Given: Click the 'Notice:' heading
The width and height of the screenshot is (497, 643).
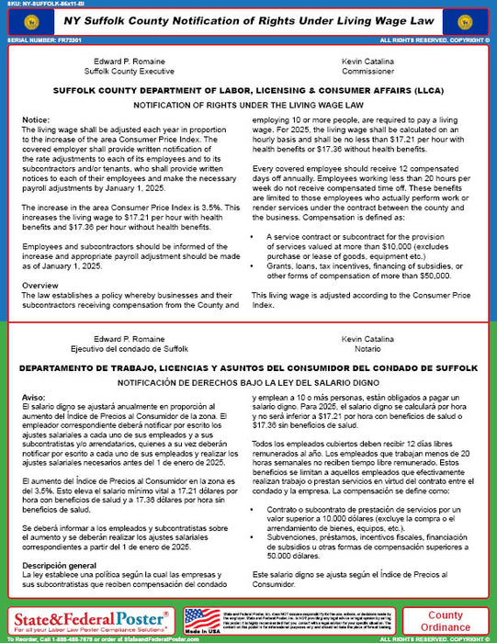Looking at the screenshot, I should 36,121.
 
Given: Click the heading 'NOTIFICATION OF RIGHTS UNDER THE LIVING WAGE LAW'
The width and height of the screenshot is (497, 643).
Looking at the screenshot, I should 248,106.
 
